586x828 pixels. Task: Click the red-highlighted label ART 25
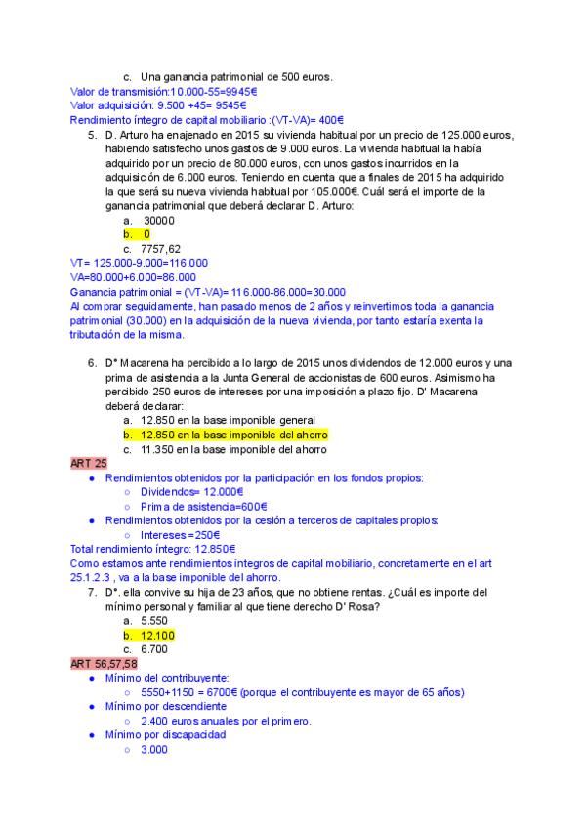(89, 463)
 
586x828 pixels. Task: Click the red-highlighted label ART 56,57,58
(105, 664)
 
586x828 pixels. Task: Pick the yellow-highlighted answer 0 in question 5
(146, 234)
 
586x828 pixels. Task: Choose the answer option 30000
(158, 221)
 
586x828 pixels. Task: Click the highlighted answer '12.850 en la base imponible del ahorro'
(234, 435)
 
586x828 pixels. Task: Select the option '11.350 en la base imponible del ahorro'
(234, 449)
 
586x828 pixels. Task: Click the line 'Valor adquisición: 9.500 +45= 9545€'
(158, 105)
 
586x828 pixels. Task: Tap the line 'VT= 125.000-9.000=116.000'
(140, 263)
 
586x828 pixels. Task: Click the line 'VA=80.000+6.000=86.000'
(134, 277)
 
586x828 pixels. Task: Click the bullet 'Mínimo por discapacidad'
(165, 734)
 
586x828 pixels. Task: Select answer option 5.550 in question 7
(155, 620)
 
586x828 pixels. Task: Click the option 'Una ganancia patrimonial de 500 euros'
(236, 77)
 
